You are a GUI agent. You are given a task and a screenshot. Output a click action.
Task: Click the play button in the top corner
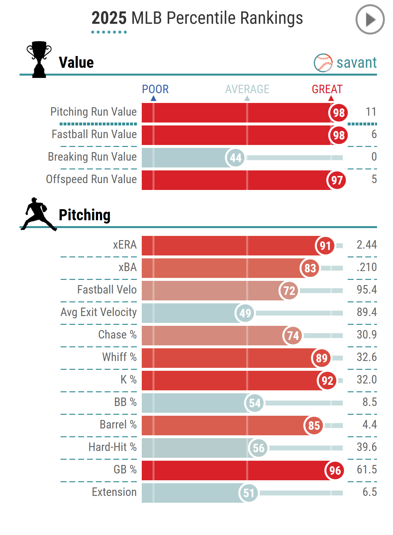pos(370,20)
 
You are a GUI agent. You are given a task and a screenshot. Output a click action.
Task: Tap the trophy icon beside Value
pos(39,59)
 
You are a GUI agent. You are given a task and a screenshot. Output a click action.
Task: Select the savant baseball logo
pos(323,63)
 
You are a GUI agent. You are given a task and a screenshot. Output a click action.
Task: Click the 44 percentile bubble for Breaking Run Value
pos(235,158)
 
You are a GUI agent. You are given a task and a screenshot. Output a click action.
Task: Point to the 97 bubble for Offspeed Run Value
pos(336,180)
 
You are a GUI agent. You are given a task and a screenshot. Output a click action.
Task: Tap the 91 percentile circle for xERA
pos(325,246)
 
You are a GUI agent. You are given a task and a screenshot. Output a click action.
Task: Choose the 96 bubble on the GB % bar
pos(335,470)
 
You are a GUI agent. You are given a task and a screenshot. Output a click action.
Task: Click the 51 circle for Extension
pos(248,493)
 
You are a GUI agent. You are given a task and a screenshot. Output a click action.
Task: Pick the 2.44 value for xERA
pos(366,245)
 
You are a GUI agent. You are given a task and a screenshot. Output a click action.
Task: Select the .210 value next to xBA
pos(366,267)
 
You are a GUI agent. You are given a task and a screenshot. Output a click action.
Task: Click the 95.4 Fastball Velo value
pos(366,290)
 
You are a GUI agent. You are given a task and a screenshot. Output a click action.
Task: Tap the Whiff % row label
pos(119,357)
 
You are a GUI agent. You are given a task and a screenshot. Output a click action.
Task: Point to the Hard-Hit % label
pos(112,447)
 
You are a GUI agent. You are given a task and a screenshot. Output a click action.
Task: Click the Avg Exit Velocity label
pos(98,312)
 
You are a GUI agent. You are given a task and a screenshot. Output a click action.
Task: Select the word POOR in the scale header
pos(155,89)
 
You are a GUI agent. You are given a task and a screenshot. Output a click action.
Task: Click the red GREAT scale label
pos(327,89)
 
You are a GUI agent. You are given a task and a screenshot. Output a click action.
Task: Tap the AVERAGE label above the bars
pos(247,89)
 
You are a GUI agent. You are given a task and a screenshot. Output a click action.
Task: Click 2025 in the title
pos(109,18)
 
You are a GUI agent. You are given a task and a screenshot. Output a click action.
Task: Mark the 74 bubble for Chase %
pos(293,336)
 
